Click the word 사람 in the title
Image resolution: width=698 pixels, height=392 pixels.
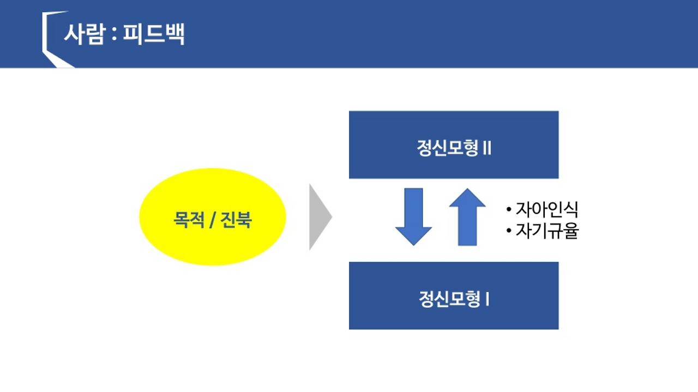click(x=83, y=34)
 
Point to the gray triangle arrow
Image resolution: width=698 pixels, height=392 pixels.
click(x=319, y=217)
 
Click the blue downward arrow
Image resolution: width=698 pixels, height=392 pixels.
click(x=413, y=216)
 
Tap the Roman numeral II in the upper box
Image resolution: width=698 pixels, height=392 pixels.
click(x=487, y=149)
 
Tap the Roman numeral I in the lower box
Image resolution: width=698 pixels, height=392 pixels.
click(x=487, y=299)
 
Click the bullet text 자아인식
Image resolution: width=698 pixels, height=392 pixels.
click(x=546, y=210)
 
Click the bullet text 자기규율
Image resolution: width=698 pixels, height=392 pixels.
click(x=546, y=231)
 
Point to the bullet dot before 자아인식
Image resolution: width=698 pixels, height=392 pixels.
click(x=509, y=210)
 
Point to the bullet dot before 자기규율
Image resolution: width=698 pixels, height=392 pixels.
click(x=509, y=232)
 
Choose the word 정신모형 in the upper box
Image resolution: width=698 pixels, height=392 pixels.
click(x=448, y=149)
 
